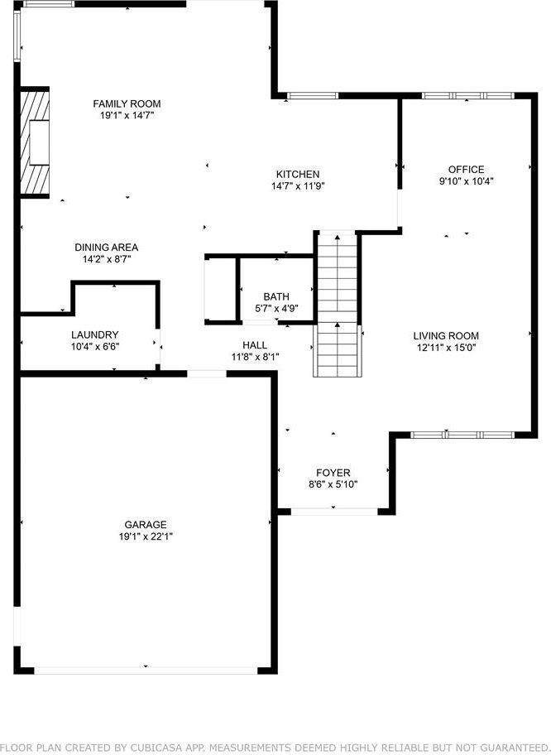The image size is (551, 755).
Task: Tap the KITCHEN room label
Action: pyautogui.click(x=297, y=174)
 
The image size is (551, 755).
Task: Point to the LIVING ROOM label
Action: pyautogui.click(x=446, y=335)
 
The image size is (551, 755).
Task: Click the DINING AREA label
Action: pyautogui.click(x=106, y=247)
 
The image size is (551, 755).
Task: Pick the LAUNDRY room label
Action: pyautogui.click(x=94, y=334)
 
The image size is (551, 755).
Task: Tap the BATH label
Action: pyautogui.click(x=275, y=296)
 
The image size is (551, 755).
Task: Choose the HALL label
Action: pyautogui.click(x=255, y=344)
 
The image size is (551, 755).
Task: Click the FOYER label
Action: pyautogui.click(x=333, y=473)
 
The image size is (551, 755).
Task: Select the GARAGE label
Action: pyautogui.click(x=146, y=524)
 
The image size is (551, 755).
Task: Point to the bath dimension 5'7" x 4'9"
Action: pyautogui.click(x=275, y=308)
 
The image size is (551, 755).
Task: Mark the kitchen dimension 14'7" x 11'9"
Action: pyautogui.click(x=297, y=185)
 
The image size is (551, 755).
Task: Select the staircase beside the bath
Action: pyautogui.click(x=337, y=305)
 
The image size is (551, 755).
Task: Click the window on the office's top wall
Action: pyautogui.click(x=466, y=96)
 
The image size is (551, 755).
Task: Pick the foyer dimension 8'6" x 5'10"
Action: pyautogui.click(x=333, y=484)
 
